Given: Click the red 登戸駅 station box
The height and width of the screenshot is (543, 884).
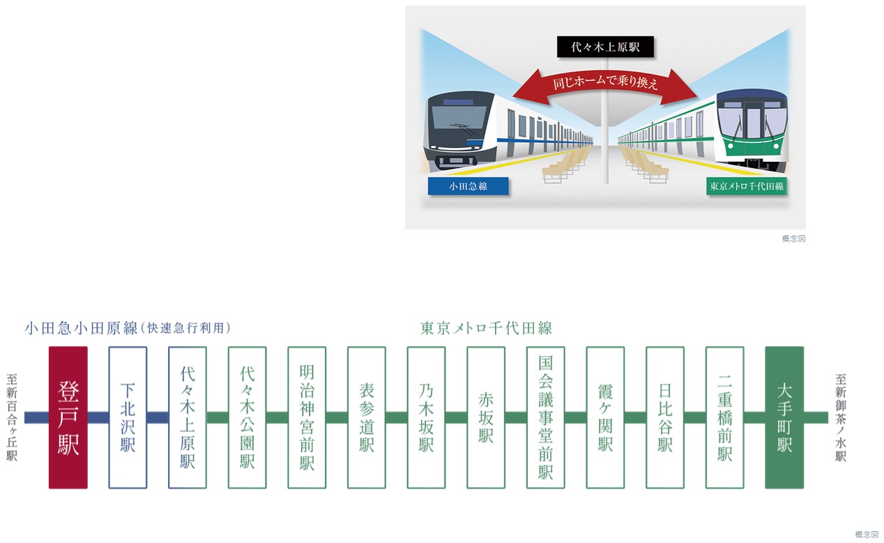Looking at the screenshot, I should pos(68,417).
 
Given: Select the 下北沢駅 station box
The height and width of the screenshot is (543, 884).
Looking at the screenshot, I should pos(128,417).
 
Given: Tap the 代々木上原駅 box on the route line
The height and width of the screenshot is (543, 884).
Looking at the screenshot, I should pos(188,417).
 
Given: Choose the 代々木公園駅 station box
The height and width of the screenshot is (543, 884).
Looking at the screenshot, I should pos(247,417).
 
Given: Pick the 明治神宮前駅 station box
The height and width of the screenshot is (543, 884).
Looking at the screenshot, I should pos(307,417).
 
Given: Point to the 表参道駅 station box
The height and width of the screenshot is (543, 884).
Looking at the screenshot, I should pos(367,417).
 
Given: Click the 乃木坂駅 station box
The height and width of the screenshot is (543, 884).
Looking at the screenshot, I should pos(426,417).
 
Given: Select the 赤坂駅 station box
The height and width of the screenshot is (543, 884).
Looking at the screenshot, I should pos(486,417).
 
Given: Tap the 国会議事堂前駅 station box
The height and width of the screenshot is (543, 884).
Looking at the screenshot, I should pos(546,417).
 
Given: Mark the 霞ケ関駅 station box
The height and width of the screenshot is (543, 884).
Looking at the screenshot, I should pos(605,417).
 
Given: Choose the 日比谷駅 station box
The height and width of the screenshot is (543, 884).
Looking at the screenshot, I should pos(665,417).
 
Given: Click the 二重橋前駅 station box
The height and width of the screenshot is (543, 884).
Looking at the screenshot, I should pos(725,417).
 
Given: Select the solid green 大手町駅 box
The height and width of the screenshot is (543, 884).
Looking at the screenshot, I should pos(784,417).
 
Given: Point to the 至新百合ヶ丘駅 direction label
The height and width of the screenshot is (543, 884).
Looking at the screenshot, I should pos(12,418).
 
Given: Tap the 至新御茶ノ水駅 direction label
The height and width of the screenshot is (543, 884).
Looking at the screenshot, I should pos(841,418).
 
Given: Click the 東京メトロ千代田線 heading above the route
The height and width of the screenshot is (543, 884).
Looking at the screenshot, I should pos(486,328).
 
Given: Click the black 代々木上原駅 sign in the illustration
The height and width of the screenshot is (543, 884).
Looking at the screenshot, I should pos(604,47).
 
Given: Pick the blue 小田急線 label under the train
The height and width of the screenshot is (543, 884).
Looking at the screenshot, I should pos(468,186).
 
